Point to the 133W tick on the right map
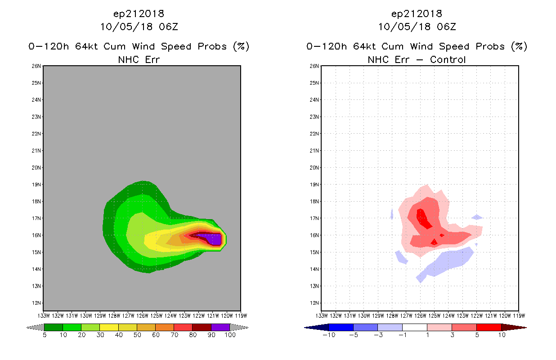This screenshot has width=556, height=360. (322, 315)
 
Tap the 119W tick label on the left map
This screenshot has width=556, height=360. (241, 315)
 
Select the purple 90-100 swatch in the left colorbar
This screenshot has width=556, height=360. (220, 327)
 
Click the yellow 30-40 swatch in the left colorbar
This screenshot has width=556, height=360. (109, 327)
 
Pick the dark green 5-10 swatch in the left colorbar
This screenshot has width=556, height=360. (53, 327)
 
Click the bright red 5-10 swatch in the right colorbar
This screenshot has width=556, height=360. (489, 327)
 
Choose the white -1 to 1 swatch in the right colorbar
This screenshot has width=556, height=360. (414, 327)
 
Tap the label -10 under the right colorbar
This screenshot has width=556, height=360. (328, 335)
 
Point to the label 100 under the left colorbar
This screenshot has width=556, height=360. (230, 335)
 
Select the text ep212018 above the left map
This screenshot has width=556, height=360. (139, 13)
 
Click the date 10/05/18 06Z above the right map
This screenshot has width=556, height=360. (417, 27)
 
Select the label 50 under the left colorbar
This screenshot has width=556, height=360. (137, 335)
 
